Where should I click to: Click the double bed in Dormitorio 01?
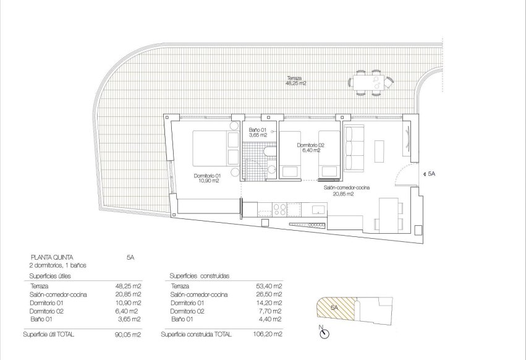[211, 148]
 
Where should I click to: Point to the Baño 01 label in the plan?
[258, 132]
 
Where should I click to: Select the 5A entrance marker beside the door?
[431, 175]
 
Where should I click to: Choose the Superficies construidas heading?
[199, 276]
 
